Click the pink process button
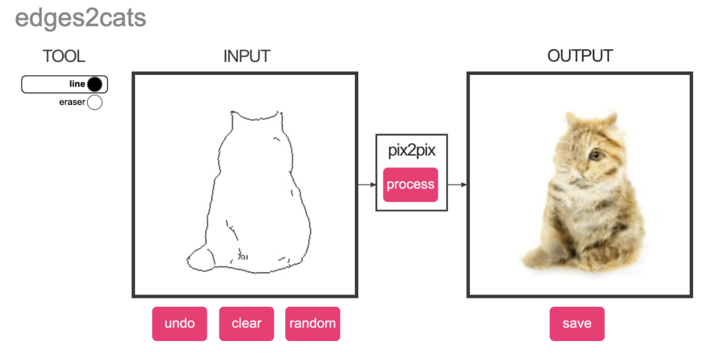tap(410, 184)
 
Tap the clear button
tap(247, 323)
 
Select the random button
tap(312, 323)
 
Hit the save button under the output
tap(577, 323)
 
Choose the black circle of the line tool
tap(95, 84)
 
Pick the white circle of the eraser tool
tap(95, 102)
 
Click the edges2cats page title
tap(80, 18)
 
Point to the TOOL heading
tap(64, 56)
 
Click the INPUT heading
tap(247, 56)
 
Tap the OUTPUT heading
tap(580, 56)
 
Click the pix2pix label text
tap(411, 150)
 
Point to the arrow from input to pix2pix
tap(367, 184)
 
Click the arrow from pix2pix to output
tap(457, 184)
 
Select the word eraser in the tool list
tap(72, 102)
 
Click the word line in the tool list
tap(77, 84)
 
